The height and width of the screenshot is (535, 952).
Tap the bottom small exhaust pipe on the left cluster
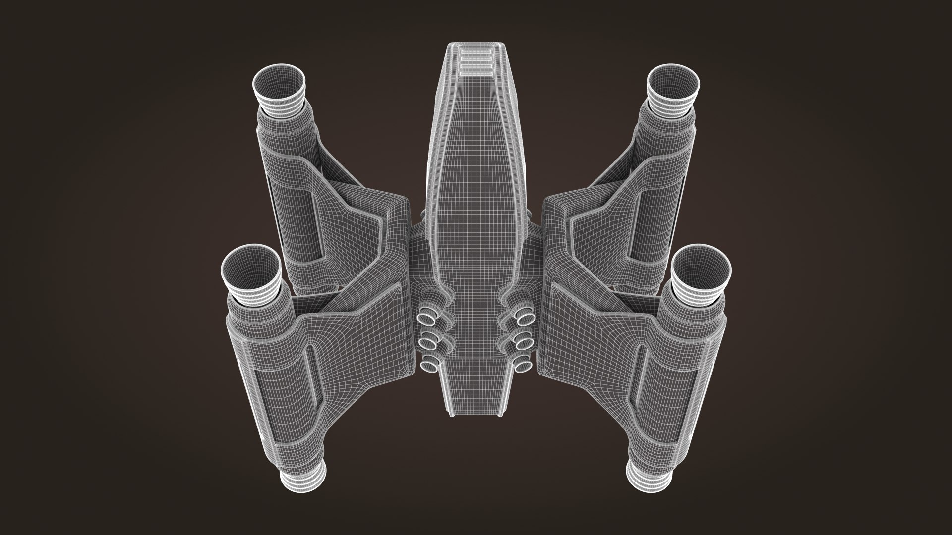(427, 366)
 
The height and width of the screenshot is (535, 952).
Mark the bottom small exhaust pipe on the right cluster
(524, 366)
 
